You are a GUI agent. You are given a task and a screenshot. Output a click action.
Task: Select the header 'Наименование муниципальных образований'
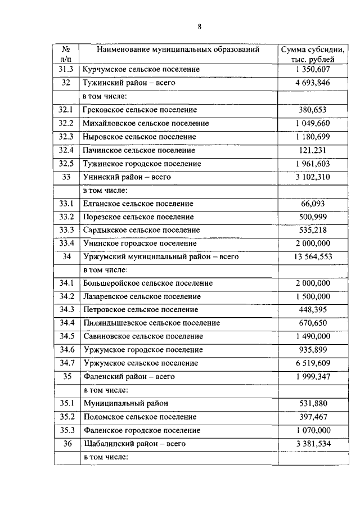[x=178, y=49]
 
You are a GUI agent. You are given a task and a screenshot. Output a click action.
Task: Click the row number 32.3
[x=66, y=137]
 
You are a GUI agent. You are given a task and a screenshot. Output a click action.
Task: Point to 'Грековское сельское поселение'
[x=139, y=110]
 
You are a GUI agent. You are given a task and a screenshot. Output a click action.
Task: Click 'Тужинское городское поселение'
[x=141, y=164]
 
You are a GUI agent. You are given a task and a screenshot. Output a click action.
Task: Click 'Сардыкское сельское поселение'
[x=141, y=229]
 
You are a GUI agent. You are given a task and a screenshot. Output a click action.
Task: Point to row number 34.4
[x=66, y=323]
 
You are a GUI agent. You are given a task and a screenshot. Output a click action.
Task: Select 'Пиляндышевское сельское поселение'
[x=151, y=323]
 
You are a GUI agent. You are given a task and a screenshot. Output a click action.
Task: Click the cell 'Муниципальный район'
[x=125, y=403]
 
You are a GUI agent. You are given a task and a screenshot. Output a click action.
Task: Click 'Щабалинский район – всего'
[x=134, y=443]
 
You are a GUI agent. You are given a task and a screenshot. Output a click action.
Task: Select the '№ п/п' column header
[x=66, y=54]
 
